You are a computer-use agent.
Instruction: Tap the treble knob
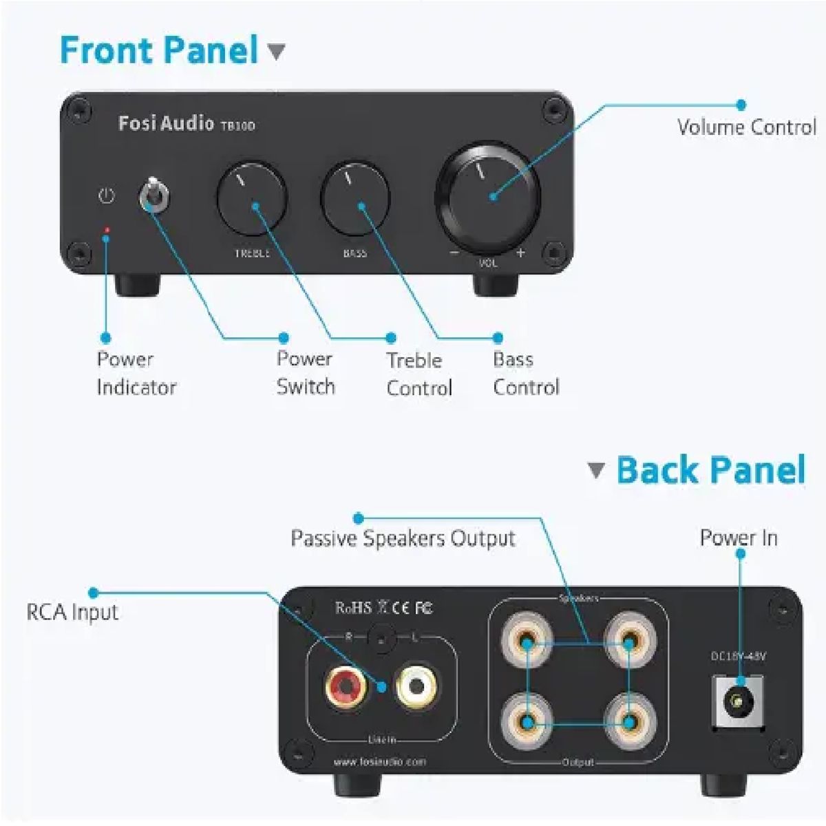pos(252,200)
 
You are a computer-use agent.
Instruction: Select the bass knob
pos(355,198)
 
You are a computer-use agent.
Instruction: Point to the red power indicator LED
pos(106,229)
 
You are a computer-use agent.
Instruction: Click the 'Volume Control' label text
pos(746,127)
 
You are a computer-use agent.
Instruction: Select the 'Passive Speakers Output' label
pos(403,538)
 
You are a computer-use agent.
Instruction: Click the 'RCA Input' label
pos(72,612)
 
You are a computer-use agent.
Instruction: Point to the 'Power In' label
pos(739,538)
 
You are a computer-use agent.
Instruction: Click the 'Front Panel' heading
pos(159,50)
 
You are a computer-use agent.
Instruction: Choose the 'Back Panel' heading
pos(710,471)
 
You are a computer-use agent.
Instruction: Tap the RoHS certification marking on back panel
pos(354,608)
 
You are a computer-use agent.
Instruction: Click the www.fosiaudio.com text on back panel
pos(379,762)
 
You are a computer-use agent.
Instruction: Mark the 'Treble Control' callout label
pos(419,374)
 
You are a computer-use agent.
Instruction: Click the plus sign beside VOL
pos(520,253)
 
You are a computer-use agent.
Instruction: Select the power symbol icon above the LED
pos(106,196)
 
